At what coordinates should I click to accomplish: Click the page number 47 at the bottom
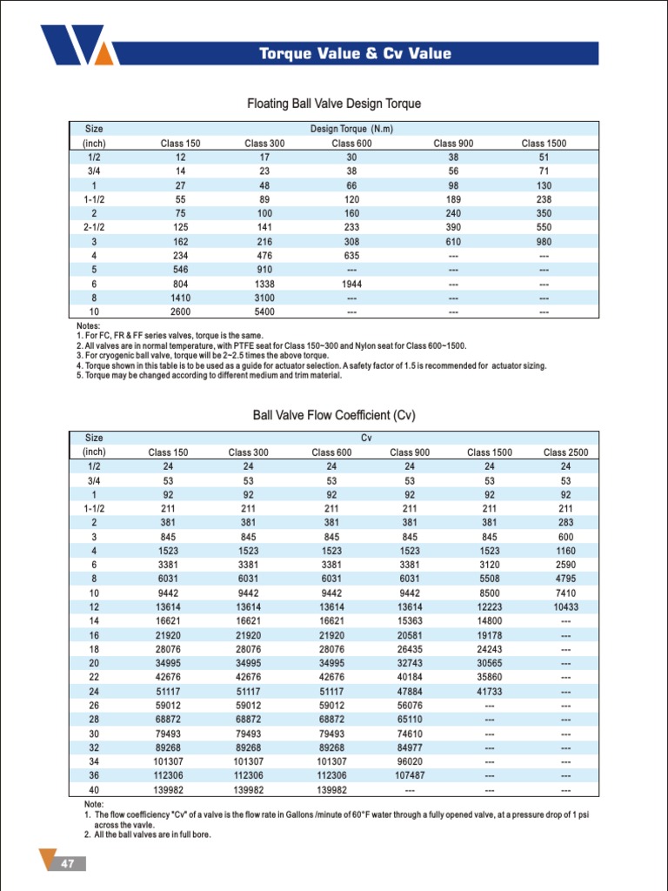66,863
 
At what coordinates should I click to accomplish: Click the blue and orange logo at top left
76,45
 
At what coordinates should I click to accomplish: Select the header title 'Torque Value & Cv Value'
355,54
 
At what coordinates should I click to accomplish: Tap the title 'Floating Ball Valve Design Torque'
334,104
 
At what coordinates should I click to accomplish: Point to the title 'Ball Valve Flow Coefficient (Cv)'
334,416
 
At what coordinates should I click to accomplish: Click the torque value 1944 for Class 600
351,284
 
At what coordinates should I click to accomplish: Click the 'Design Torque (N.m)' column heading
351,130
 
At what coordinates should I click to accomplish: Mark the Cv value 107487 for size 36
410,774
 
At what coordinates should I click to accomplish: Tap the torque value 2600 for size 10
180,311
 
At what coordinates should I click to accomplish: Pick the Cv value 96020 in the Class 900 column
410,760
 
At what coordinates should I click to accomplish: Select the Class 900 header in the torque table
453,144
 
